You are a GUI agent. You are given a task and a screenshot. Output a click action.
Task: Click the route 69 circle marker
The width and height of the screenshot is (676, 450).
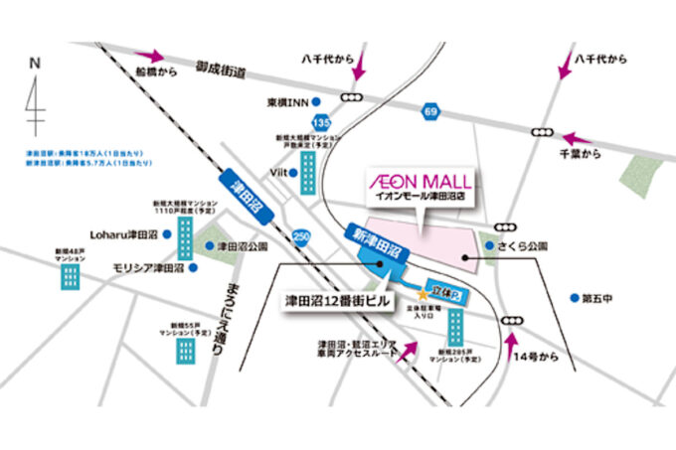click(x=428, y=113)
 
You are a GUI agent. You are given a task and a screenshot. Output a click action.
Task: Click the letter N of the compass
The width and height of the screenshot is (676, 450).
click(x=35, y=63)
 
